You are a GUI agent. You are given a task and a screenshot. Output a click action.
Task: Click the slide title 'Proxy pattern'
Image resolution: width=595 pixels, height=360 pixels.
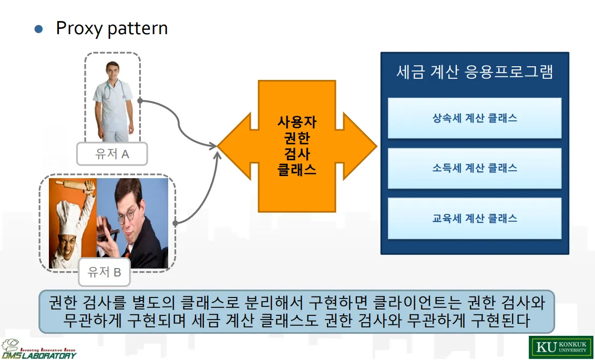coord(111,28)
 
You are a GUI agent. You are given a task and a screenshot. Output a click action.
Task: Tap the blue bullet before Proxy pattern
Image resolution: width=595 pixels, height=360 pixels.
coord(38,29)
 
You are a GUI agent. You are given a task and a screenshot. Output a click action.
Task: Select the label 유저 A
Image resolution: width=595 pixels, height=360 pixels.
coord(112,154)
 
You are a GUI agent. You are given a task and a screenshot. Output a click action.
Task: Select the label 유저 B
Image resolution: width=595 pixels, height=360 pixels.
coord(104,272)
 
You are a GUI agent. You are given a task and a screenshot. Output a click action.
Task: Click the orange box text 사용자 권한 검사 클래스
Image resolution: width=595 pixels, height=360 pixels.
coord(297,146)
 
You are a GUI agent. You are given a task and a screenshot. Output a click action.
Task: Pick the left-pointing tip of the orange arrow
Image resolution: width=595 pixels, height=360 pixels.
coord(220,146)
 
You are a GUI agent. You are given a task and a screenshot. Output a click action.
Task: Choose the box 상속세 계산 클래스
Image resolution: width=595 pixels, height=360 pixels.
coord(475,118)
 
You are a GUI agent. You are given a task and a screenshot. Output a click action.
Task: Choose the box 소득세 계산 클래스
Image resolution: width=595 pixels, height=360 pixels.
coord(475,168)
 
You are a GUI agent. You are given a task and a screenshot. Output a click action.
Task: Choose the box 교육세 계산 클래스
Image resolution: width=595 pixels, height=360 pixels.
coord(475,218)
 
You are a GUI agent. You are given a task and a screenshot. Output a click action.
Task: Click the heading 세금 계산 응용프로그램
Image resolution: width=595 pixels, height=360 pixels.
coord(475,72)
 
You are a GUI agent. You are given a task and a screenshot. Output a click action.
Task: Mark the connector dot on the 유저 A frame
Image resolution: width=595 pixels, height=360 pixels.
coord(140,100)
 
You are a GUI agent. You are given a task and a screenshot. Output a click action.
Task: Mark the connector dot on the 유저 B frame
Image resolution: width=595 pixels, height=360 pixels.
coord(175,223)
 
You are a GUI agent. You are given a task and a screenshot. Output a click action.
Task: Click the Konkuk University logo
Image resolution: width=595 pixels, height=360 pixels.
coord(561,347)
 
